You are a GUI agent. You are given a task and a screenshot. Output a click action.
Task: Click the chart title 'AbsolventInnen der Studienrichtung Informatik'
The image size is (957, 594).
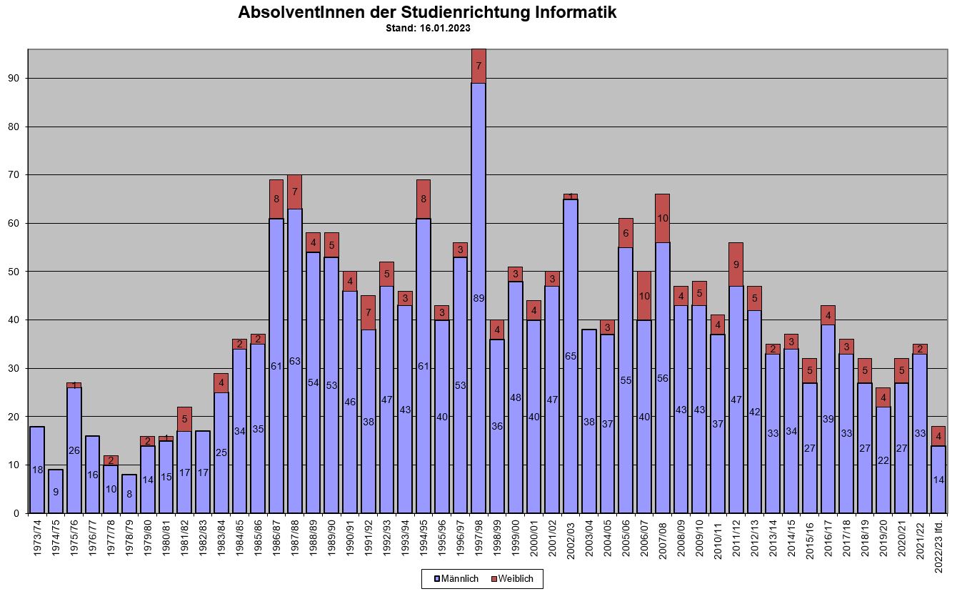[x=427, y=13]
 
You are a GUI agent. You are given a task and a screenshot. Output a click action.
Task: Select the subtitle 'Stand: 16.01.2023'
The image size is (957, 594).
[x=427, y=29]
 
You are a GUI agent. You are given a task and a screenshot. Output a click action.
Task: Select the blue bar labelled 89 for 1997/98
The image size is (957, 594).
[x=478, y=297]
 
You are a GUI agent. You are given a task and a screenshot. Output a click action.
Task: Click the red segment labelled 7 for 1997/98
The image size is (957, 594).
[x=478, y=66]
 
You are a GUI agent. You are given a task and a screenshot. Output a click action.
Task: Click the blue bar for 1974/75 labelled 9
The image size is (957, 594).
[x=56, y=491]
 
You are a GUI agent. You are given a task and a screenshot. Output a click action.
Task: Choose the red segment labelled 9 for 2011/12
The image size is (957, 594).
[x=736, y=264]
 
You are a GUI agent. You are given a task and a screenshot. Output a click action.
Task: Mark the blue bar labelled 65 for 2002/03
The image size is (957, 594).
[x=571, y=355]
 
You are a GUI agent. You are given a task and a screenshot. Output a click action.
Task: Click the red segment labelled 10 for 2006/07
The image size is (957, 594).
[x=644, y=296]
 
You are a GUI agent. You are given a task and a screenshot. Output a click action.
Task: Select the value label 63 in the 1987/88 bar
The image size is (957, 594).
[x=295, y=361]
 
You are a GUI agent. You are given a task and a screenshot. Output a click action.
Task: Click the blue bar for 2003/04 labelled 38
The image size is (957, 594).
[x=589, y=421]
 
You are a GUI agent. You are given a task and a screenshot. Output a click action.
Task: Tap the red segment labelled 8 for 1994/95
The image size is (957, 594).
[x=424, y=199]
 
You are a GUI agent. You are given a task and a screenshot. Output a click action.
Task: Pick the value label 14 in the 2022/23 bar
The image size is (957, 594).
[x=938, y=480]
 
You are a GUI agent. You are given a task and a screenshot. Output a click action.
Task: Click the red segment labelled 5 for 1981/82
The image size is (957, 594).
[x=184, y=419]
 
